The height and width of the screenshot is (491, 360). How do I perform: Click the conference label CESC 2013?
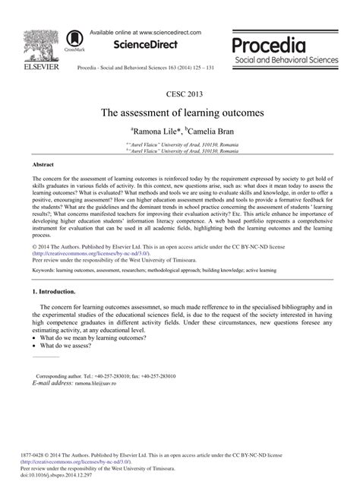point(180,95)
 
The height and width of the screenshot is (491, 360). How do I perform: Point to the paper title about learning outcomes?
point(180,111)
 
